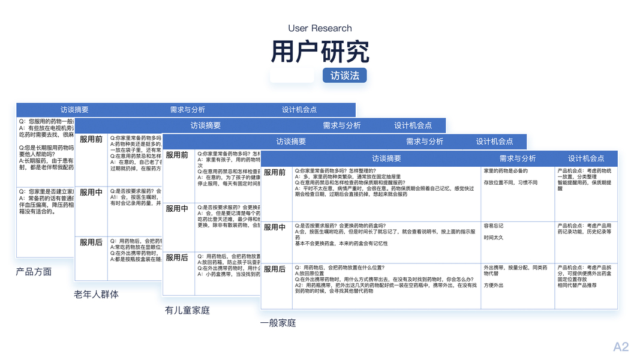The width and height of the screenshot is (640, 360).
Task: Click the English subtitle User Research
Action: (x=320, y=28)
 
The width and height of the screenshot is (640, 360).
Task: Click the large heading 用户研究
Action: (x=320, y=52)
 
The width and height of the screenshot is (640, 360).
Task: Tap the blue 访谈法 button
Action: (x=344, y=76)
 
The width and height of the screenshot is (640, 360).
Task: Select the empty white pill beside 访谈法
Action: (x=292, y=76)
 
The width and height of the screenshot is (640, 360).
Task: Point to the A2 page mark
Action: (x=621, y=347)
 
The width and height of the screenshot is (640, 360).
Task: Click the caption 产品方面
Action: (x=34, y=272)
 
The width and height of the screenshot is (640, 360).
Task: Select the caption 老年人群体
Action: (x=96, y=294)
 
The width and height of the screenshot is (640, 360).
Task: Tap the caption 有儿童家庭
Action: (x=187, y=310)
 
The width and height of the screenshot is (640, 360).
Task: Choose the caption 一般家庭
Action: (x=278, y=323)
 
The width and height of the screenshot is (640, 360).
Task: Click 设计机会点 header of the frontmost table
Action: (x=586, y=158)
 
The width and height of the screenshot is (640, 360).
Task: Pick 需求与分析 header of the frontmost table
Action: (x=518, y=158)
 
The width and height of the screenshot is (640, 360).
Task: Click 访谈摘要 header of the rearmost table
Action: (x=74, y=110)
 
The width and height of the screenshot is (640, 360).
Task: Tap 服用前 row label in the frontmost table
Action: (x=275, y=173)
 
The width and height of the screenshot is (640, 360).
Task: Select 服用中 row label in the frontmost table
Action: (x=275, y=227)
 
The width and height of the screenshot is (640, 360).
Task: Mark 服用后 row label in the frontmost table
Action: (x=275, y=269)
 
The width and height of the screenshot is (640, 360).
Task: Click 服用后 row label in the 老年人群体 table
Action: (x=91, y=242)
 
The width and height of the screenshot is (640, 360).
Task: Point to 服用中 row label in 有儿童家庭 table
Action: (x=177, y=209)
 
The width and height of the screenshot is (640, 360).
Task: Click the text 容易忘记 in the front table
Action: (x=494, y=226)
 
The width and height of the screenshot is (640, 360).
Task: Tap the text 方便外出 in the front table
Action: (x=494, y=286)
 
